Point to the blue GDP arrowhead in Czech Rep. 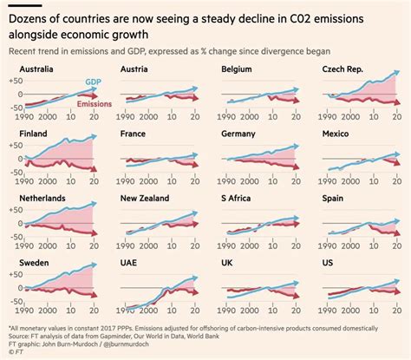tap(395, 75)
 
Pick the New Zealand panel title tap(148, 199)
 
